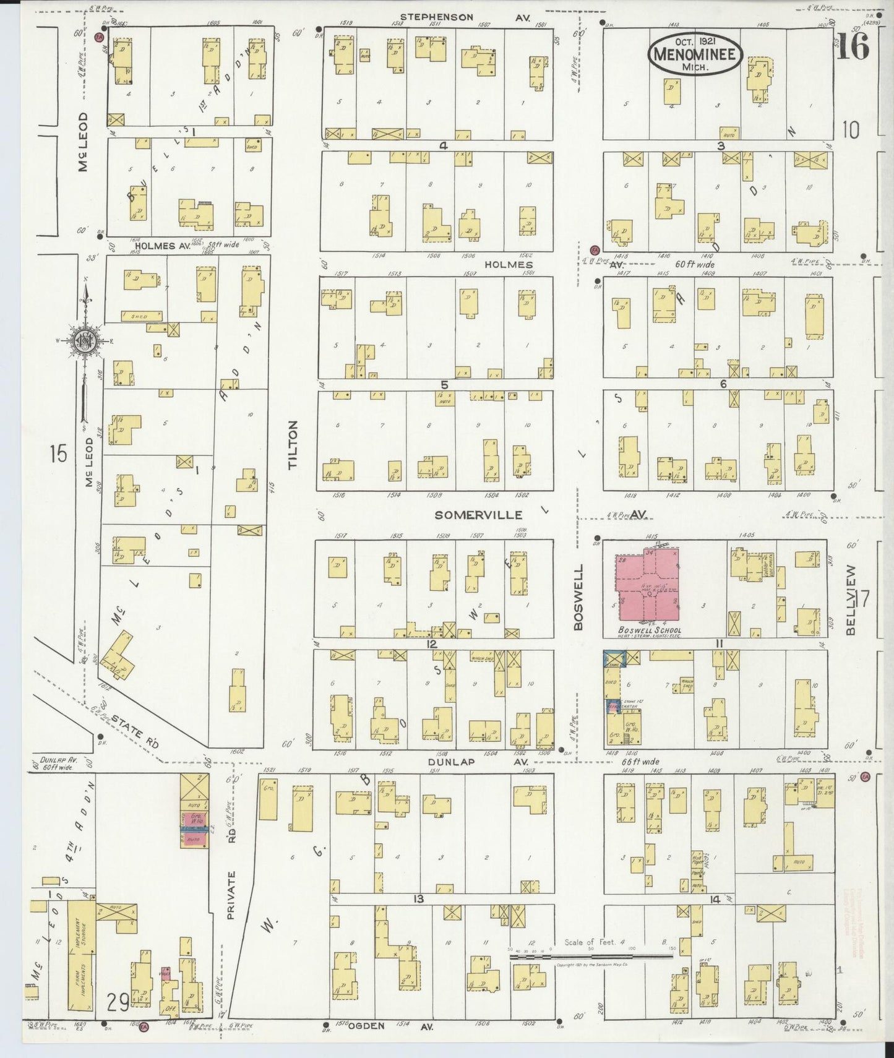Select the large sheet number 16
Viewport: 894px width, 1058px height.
click(x=853, y=46)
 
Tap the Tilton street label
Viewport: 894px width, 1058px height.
click(x=293, y=444)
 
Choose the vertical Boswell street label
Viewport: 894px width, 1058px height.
click(x=578, y=596)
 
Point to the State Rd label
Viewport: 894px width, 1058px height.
click(x=135, y=731)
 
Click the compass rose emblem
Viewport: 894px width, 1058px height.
click(x=84, y=342)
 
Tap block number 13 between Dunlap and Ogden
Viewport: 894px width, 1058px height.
click(x=419, y=898)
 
